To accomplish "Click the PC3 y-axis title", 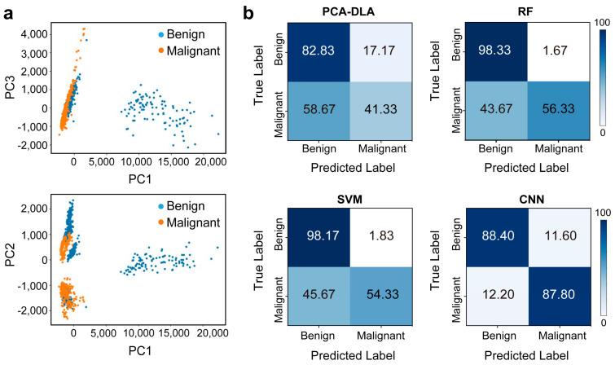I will [x=11, y=84].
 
